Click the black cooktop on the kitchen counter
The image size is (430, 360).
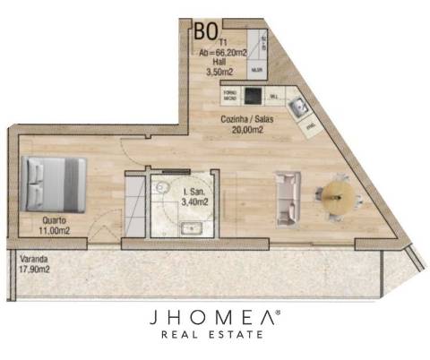tap(253, 95)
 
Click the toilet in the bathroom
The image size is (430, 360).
tap(162, 187)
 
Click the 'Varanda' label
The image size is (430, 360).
tap(32, 257)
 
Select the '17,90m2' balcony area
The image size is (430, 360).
tap(33, 267)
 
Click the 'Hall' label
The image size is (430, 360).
tap(219, 61)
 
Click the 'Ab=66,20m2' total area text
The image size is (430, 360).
tap(223, 53)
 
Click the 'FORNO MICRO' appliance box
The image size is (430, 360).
tap(229, 93)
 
